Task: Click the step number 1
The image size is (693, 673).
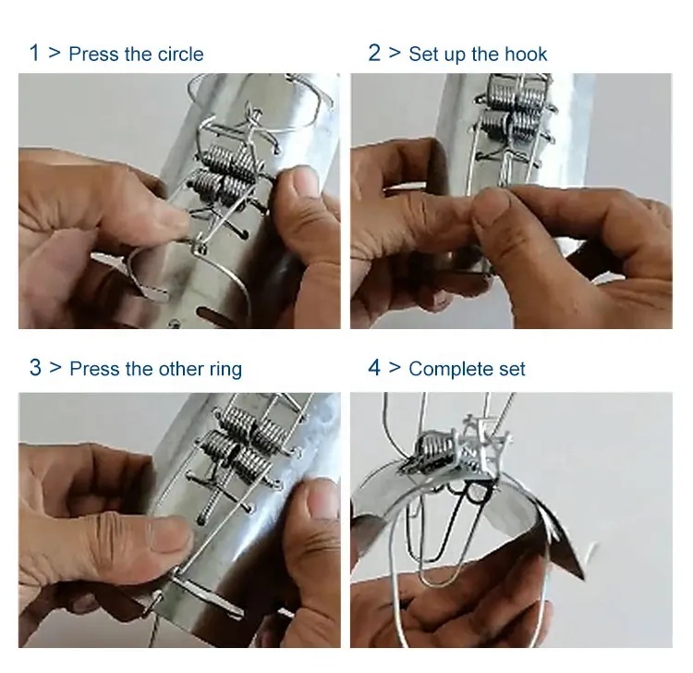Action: tap(34, 53)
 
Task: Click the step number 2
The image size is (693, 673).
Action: tap(374, 53)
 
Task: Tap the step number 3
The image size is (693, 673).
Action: tap(35, 368)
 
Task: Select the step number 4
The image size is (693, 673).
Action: tap(374, 368)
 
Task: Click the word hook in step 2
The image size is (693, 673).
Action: tap(526, 54)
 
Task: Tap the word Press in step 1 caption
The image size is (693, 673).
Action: tap(93, 54)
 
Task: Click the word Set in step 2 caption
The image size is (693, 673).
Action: tap(423, 54)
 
